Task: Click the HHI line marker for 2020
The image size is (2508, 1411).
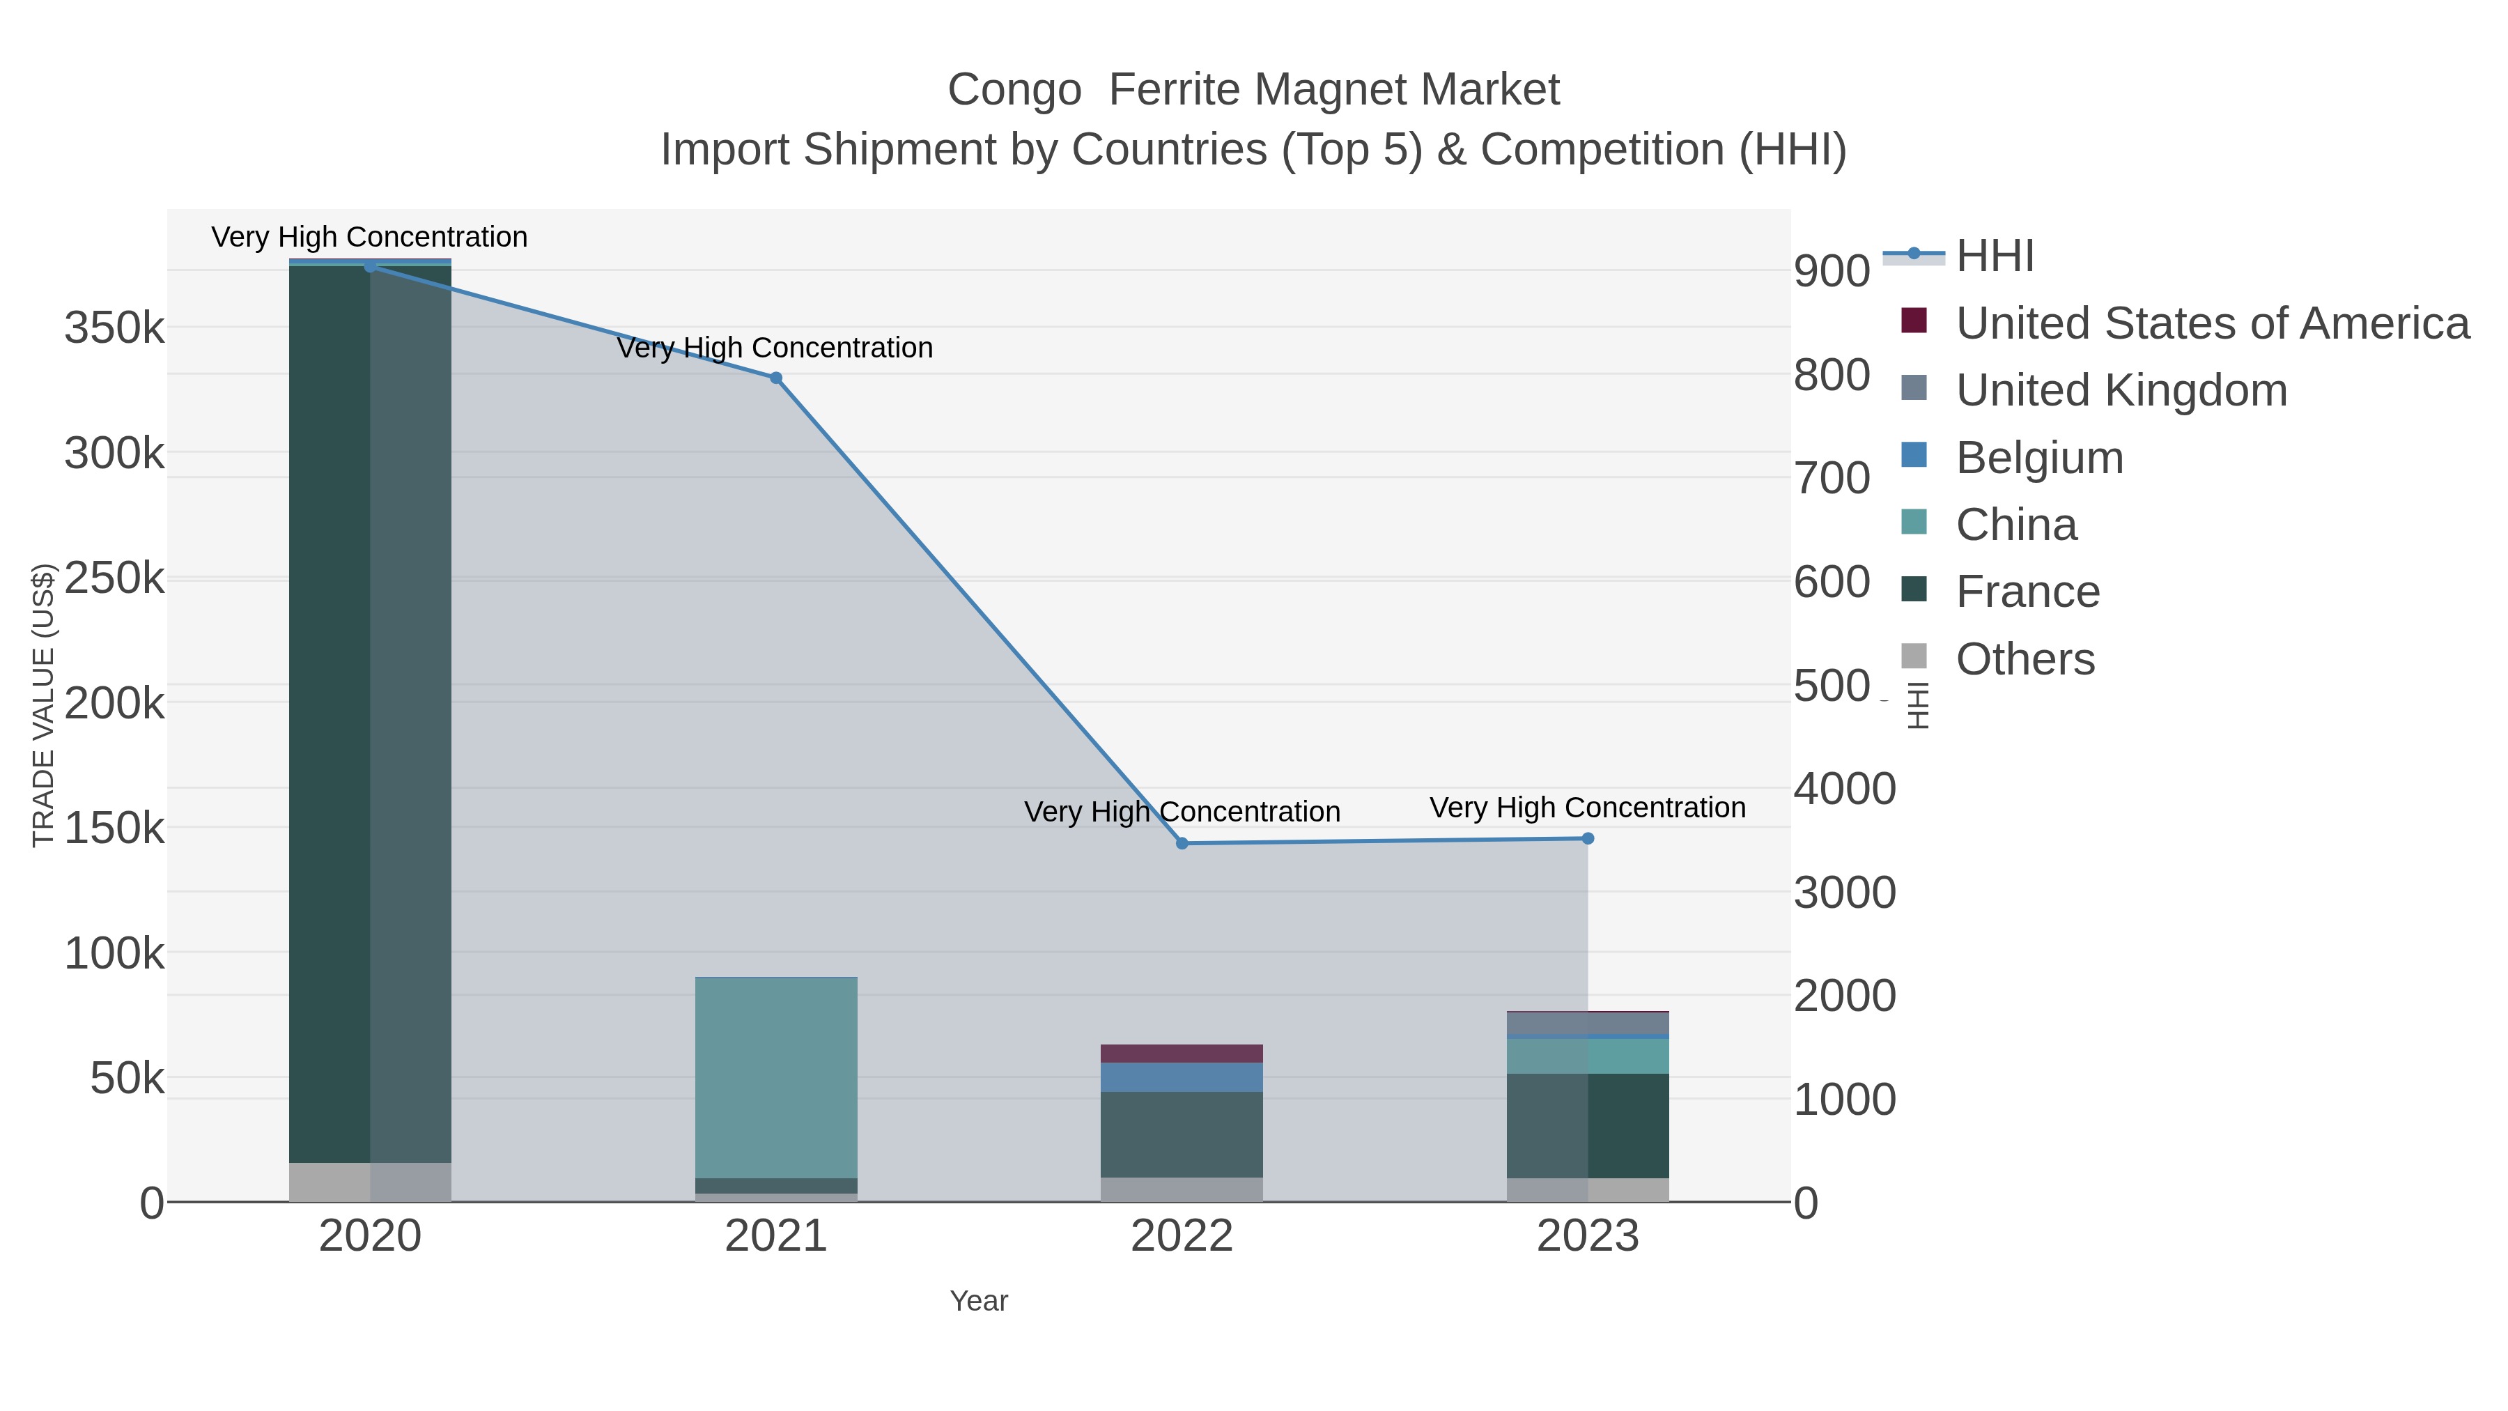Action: coord(370,266)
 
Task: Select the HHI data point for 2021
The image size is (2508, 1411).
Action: coord(776,378)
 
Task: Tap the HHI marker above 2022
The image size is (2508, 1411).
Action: coord(1182,843)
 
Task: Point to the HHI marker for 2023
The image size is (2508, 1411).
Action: coord(1588,838)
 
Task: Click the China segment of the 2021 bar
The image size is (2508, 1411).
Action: coord(776,1076)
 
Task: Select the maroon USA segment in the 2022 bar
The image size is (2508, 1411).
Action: coord(1182,1054)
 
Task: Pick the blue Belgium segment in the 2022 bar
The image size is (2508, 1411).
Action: coord(1182,1077)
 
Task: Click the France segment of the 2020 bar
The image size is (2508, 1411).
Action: coord(370,711)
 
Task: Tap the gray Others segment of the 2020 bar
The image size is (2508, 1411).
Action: coord(370,1182)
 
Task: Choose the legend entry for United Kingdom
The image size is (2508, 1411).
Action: coord(2121,390)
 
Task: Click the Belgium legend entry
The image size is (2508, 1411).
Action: coord(2038,458)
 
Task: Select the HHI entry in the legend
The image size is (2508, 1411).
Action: coord(1994,256)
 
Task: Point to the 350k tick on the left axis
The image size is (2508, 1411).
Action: coord(115,328)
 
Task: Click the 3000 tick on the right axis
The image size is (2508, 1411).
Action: coord(1844,893)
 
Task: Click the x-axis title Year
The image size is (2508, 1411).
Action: coord(979,1301)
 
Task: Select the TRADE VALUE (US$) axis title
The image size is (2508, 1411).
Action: coord(44,705)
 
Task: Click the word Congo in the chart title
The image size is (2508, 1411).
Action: coord(1014,91)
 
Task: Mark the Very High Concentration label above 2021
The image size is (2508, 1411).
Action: coord(775,348)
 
